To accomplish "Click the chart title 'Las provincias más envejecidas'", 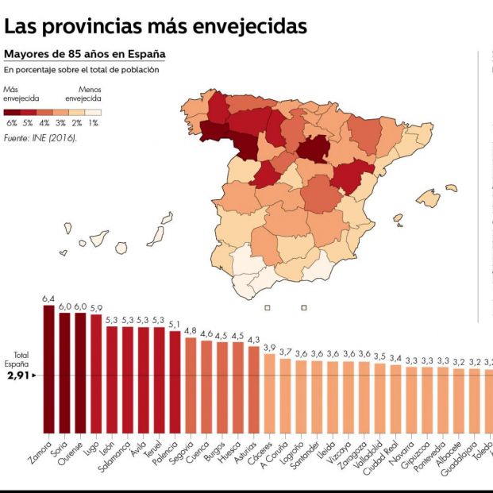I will pos(156,26).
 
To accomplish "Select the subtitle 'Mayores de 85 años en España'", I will pos(85,55).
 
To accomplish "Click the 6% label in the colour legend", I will pos(11,123).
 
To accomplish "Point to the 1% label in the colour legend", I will pos(94,123).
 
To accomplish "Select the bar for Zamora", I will pos(48,369).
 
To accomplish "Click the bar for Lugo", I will pos(96,373).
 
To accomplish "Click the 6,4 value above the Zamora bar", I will pos(48,299).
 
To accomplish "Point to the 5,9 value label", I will pos(96,308).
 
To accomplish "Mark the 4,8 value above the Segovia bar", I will pos(191,330).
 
